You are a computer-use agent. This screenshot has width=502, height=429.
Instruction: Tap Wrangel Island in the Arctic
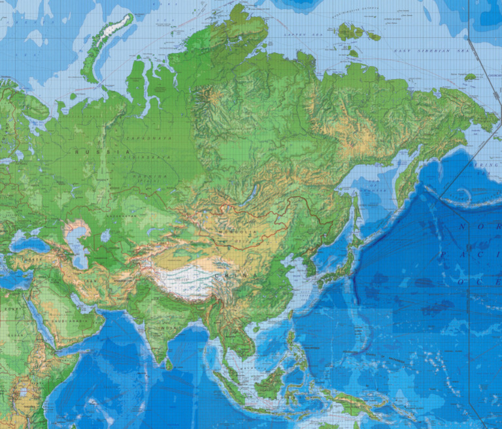470,77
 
